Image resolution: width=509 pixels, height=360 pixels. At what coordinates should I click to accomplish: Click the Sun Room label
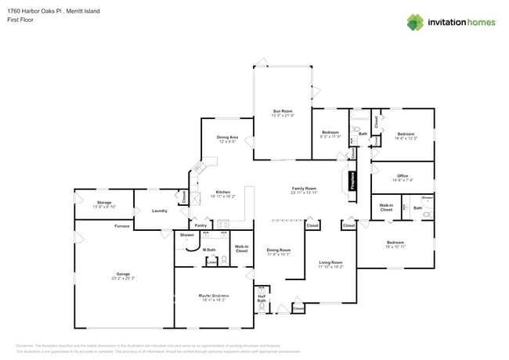[283, 111]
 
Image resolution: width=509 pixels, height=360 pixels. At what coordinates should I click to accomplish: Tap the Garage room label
[123, 274]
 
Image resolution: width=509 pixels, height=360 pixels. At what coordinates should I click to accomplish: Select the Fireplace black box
[353, 179]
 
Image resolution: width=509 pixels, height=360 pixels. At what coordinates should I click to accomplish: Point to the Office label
[403, 176]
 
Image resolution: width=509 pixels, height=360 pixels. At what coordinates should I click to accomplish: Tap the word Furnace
[121, 226]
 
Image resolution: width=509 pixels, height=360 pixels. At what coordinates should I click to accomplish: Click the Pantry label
[200, 225]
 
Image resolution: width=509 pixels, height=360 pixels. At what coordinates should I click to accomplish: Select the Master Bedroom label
[212, 295]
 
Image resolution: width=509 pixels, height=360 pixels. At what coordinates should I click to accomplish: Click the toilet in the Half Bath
[262, 308]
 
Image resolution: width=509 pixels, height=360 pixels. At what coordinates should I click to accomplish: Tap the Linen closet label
[211, 262]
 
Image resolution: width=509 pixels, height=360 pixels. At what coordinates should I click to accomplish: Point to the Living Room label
[330, 263]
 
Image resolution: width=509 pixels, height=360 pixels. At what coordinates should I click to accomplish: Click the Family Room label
[304, 189]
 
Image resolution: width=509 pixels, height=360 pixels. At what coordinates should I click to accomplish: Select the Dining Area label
[227, 138]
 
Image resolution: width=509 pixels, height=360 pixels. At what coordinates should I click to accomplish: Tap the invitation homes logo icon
[417, 22]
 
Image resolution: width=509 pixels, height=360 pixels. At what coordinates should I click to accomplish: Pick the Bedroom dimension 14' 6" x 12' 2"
[406, 139]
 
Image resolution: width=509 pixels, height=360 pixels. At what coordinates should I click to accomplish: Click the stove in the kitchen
[222, 223]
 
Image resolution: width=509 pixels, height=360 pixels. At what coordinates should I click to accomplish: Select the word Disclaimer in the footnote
[27, 345]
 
